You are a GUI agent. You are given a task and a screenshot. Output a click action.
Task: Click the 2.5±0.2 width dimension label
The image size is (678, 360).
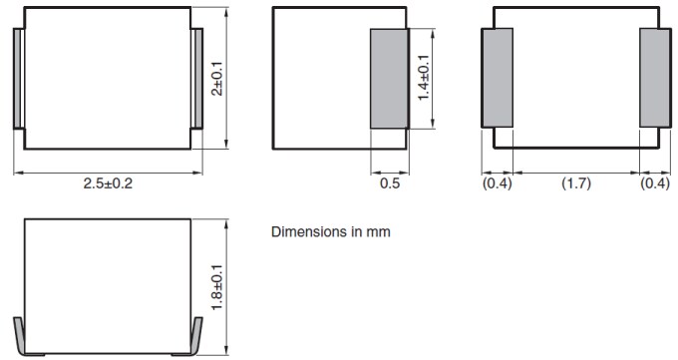tap(108, 184)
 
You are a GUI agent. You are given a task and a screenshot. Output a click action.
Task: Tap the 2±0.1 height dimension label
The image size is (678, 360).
tap(218, 78)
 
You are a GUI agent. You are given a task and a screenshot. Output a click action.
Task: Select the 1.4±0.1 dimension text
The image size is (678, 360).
tap(424, 79)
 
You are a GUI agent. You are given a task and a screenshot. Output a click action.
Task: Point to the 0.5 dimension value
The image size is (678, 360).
tap(390, 184)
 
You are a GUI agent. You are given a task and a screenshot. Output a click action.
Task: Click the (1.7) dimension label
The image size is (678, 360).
tap(575, 184)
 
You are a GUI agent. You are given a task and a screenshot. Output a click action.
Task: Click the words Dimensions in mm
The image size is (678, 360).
tap(331, 232)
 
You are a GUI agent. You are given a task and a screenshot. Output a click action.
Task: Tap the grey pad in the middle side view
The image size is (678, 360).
tap(389, 79)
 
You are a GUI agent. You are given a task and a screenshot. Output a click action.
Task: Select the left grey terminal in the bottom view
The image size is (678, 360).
tap(498, 78)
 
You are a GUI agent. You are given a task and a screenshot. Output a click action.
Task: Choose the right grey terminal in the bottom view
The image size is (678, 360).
tap(654, 78)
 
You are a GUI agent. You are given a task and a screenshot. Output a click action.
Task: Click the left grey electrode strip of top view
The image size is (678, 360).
tap(18, 79)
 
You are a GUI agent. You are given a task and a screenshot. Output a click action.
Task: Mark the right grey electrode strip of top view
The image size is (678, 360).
tap(196, 79)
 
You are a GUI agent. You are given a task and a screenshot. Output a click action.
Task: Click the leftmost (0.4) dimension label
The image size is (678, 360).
tap(497, 184)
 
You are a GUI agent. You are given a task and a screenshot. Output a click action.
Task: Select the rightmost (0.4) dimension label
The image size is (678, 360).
tap(655, 184)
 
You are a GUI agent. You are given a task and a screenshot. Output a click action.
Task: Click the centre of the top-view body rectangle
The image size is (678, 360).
tap(108, 79)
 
